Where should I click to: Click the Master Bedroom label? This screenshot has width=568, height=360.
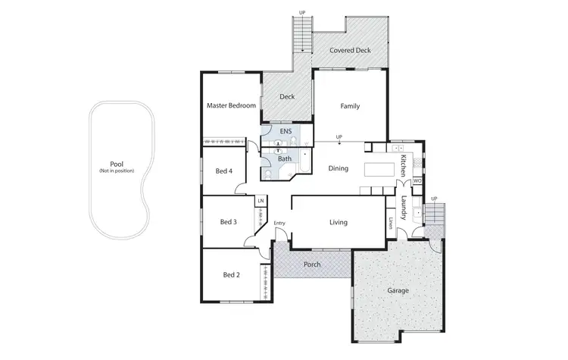click(231, 106)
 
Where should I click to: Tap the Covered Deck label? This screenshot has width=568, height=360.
click(349, 51)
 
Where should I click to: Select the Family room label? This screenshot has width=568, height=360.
click(349, 106)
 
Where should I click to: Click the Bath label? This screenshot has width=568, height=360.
click(284, 159)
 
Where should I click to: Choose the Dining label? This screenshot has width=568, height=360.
click(338, 168)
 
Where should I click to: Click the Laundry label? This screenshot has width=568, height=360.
click(404, 208)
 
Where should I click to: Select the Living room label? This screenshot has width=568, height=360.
click(338, 223)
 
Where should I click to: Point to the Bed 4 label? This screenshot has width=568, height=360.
click(223, 171)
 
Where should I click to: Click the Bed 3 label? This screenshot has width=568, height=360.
click(229, 222)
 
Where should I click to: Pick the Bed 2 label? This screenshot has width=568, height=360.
click(231, 274)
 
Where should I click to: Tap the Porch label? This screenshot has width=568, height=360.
click(311, 265)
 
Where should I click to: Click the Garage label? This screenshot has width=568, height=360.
click(398, 290)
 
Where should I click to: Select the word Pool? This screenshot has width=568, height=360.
click(116, 164)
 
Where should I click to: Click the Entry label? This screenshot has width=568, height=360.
click(279, 223)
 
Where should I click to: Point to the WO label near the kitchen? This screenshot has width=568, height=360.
click(417, 181)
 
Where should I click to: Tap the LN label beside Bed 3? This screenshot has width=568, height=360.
click(261, 201)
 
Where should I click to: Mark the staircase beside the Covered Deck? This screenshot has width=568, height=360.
click(301, 33)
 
